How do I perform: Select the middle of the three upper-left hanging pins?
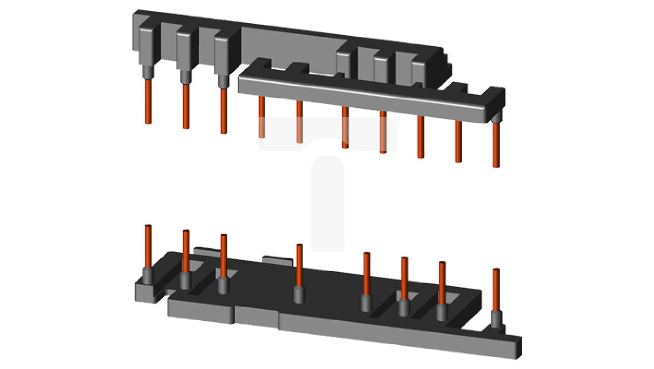[x=186, y=106]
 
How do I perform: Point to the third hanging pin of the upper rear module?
[x=224, y=111]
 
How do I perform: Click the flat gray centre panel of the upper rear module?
[x=289, y=48]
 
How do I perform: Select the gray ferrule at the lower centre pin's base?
[x=299, y=295]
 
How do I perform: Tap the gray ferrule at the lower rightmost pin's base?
[x=496, y=319]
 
